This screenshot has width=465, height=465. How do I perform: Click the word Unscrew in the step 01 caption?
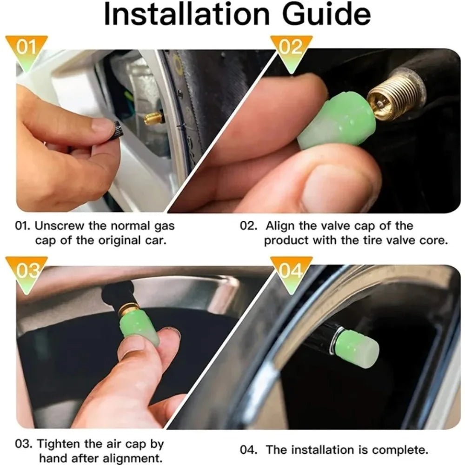tap(60, 226)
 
